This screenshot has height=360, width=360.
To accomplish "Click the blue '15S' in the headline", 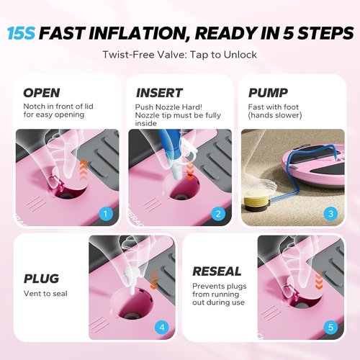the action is (x=22, y=33).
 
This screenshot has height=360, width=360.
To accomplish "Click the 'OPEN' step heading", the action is (x=42, y=93).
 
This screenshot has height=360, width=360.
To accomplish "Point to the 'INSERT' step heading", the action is (x=159, y=93).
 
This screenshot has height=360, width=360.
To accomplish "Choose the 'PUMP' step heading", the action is (x=268, y=93).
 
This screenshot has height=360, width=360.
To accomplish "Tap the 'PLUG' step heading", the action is (x=41, y=279).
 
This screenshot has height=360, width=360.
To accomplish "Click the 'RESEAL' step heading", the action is (x=217, y=271).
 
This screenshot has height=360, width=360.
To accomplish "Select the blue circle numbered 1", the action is (x=106, y=213).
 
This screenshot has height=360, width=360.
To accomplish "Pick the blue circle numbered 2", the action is (x=218, y=213).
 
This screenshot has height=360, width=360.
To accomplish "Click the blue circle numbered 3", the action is (x=330, y=213).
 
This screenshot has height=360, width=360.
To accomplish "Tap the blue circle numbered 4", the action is (x=162, y=327).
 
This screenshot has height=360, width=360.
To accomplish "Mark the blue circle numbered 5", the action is (x=330, y=327).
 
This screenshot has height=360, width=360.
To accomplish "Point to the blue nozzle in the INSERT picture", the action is (x=171, y=149).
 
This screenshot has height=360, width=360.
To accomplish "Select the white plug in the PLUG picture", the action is (x=132, y=279).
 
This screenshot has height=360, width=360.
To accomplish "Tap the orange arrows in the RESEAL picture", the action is (x=318, y=280).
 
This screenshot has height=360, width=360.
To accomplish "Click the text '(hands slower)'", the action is (x=275, y=115).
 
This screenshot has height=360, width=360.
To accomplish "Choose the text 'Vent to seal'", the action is (x=45, y=294).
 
